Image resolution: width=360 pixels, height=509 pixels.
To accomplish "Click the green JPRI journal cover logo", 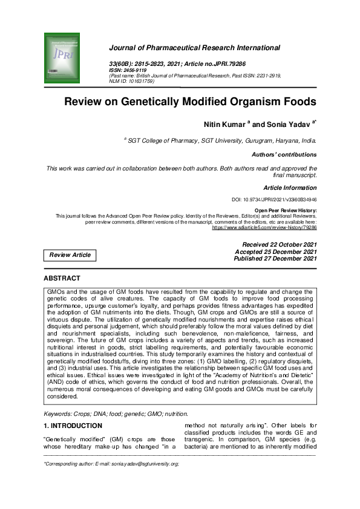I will pos(62,58).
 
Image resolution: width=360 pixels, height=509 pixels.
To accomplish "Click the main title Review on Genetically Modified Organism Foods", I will pos(190,102).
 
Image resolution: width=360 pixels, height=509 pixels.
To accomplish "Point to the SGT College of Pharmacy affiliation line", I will pos(221,140).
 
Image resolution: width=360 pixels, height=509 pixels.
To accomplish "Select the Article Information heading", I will pos(290,187).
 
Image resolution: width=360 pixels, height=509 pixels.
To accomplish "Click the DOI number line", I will pos(275,199).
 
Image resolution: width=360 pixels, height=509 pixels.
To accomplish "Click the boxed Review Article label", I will pos(70,255).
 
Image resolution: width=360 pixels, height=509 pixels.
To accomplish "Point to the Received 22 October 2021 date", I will pos(275,244).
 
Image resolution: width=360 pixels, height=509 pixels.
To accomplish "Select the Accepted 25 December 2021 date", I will pos(275,251).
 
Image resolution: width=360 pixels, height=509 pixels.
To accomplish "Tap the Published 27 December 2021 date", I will pos(275,259).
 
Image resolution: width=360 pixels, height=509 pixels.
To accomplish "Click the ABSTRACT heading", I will pos(62,278).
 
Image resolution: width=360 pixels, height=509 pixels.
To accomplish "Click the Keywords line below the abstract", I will pos(116,413).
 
